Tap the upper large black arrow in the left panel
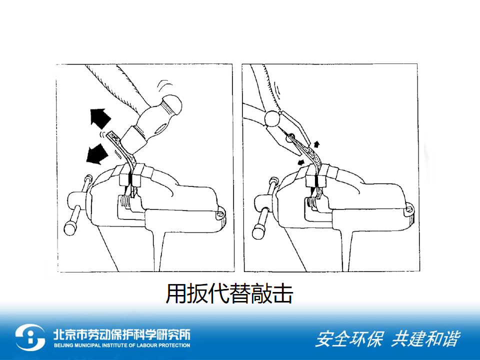tap(99, 118)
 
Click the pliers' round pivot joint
tap(272, 118)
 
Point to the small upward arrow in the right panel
tap(316, 144)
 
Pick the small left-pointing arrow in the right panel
tap(301, 161)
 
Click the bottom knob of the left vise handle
tap(70, 228)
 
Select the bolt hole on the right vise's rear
tap(408, 210)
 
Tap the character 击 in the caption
tap(282, 293)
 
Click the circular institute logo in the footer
tap(30, 337)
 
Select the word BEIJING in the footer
tap(63, 345)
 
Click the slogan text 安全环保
tap(349, 338)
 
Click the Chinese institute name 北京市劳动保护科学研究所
tap(122, 334)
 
